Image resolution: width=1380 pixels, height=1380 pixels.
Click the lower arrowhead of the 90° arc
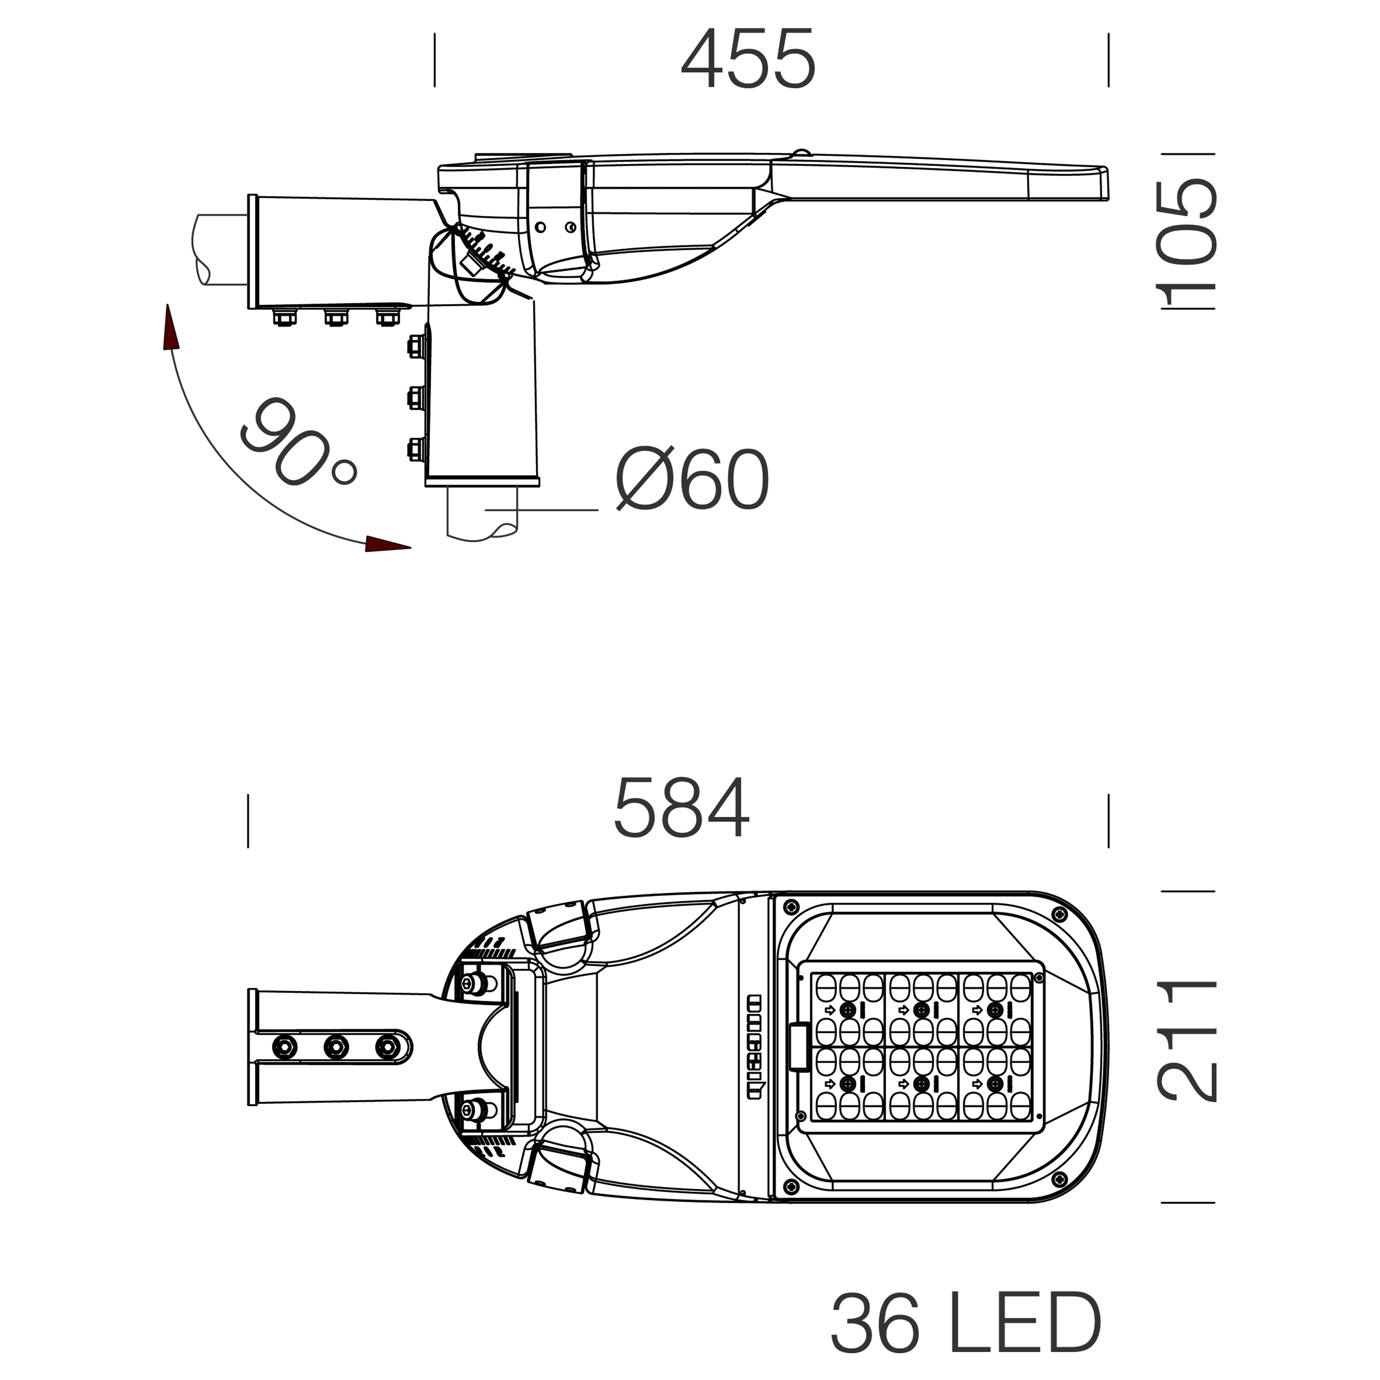[388, 544]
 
